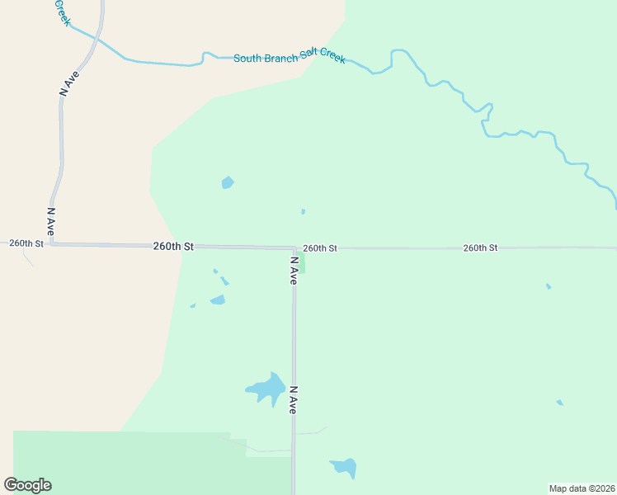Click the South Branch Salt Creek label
coord(290,58)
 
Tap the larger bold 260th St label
coord(173,247)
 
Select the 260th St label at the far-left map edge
coord(26,243)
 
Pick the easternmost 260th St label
coord(480,247)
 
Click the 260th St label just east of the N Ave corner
coord(320,247)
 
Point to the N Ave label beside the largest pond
coord(293,399)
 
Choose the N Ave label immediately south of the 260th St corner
coord(293,271)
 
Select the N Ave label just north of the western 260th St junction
coord(50,222)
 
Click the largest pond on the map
coord(267,389)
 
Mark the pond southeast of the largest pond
coord(345,468)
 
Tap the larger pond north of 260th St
coord(228,182)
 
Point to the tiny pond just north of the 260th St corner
coord(304,212)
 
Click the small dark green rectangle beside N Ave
coord(301,262)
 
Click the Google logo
coord(28,485)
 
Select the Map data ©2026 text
coord(582,488)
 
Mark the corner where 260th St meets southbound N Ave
coord(294,247)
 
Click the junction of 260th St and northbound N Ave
coord(51,244)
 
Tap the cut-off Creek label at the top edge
coord(62,12)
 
